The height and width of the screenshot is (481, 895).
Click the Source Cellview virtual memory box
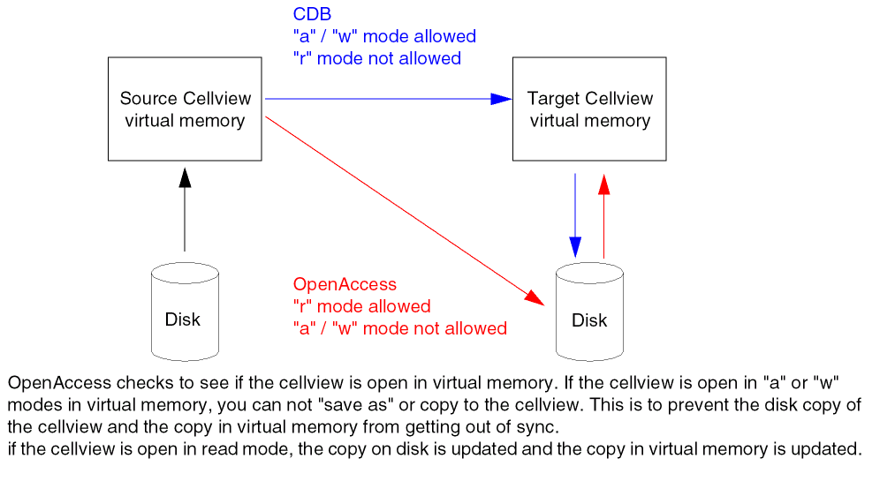(185, 109)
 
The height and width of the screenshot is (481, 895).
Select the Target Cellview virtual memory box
(589, 109)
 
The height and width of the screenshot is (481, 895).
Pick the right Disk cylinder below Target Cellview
(589, 312)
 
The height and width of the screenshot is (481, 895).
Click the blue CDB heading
(312, 15)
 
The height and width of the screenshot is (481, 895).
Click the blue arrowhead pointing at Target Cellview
(501, 99)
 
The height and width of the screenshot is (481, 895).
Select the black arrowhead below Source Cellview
(185, 177)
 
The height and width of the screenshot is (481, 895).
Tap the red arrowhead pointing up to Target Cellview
(604, 184)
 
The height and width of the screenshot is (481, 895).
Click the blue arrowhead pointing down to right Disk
(575, 248)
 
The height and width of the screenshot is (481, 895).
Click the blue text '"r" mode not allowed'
(376, 59)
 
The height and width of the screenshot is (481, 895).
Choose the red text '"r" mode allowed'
(361, 307)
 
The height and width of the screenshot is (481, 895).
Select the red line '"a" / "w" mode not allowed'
(399, 328)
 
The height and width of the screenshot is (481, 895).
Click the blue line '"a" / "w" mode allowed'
(383, 37)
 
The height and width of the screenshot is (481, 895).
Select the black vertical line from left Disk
(185, 221)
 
